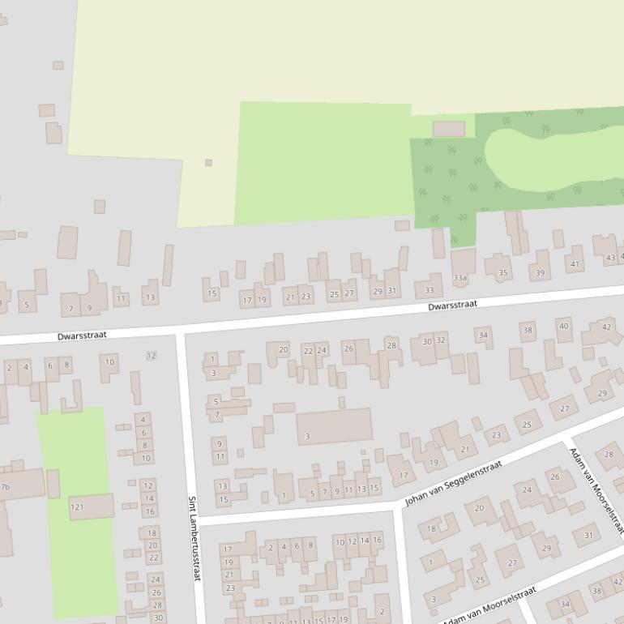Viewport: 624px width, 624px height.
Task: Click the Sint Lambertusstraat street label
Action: pyautogui.click(x=194, y=538)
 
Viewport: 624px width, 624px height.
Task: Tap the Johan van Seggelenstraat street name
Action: pyautogui.click(x=453, y=484)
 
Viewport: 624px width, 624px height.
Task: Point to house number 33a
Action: pyautogui.click(x=461, y=278)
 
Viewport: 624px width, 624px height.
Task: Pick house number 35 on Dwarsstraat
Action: pyautogui.click(x=503, y=272)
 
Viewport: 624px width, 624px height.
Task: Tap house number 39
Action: pyautogui.click(x=541, y=273)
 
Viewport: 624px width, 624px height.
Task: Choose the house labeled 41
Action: pyautogui.click(x=575, y=263)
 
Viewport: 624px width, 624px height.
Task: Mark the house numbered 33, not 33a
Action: pyautogui.click(x=429, y=290)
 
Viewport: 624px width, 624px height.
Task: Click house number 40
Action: pyautogui.click(x=563, y=326)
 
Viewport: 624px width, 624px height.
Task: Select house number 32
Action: pyautogui.click(x=441, y=340)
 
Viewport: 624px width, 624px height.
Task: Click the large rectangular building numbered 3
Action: pyautogui.click(x=333, y=426)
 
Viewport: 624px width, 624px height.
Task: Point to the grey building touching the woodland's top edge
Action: pyautogui.click(x=449, y=129)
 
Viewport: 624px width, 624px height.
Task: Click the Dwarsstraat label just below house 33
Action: pyautogui.click(x=453, y=306)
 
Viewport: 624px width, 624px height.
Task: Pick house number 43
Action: pyautogui.click(x=610, y=258)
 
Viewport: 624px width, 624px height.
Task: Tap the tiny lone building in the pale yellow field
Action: pyautogui.click(x=208, y=163)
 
